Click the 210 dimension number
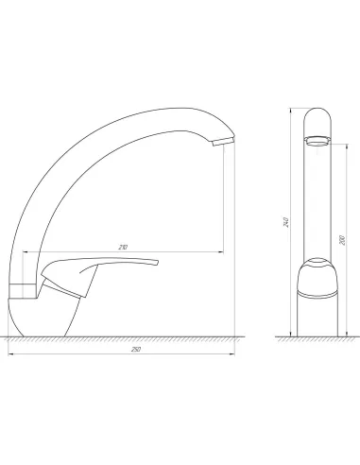coord(123,247)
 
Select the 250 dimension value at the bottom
coord(123,350)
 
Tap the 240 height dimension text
coord(285,223)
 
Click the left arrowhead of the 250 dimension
coord(9,354)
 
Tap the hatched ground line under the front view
coord(319,338)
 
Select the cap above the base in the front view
coord(319,274)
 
